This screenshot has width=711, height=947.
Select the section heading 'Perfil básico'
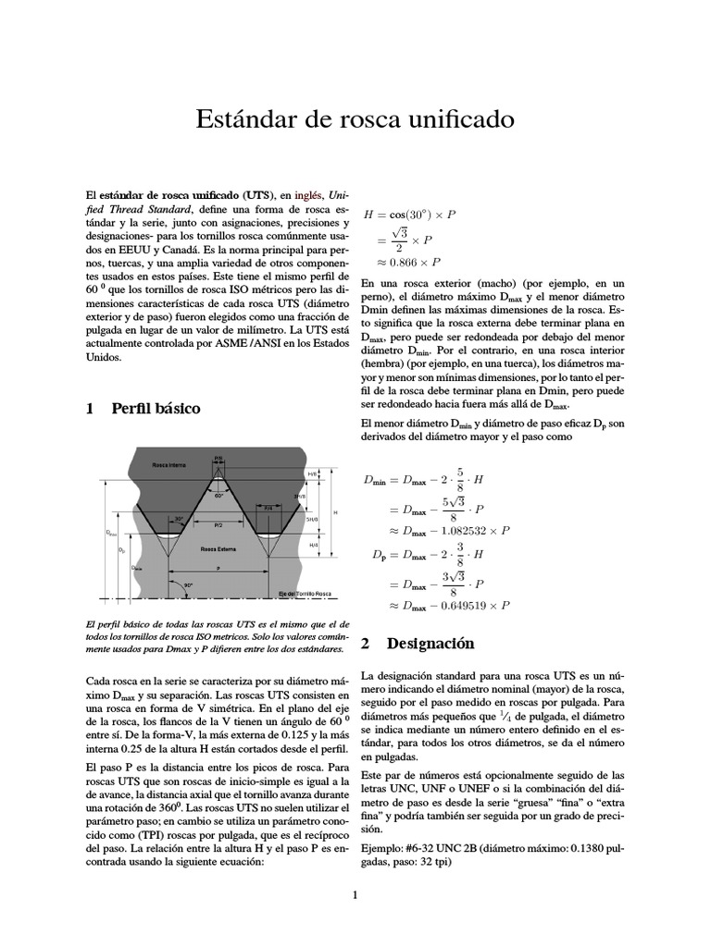point(155,408)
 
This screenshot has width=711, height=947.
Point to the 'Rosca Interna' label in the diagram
point(170,465)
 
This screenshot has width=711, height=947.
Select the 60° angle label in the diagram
point(218,496)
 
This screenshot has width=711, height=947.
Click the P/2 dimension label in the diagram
point(218,525)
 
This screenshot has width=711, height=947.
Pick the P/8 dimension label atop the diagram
point(219,458)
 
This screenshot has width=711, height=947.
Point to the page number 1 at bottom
point(355,894)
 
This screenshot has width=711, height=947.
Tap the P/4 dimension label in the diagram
point(268,509)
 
